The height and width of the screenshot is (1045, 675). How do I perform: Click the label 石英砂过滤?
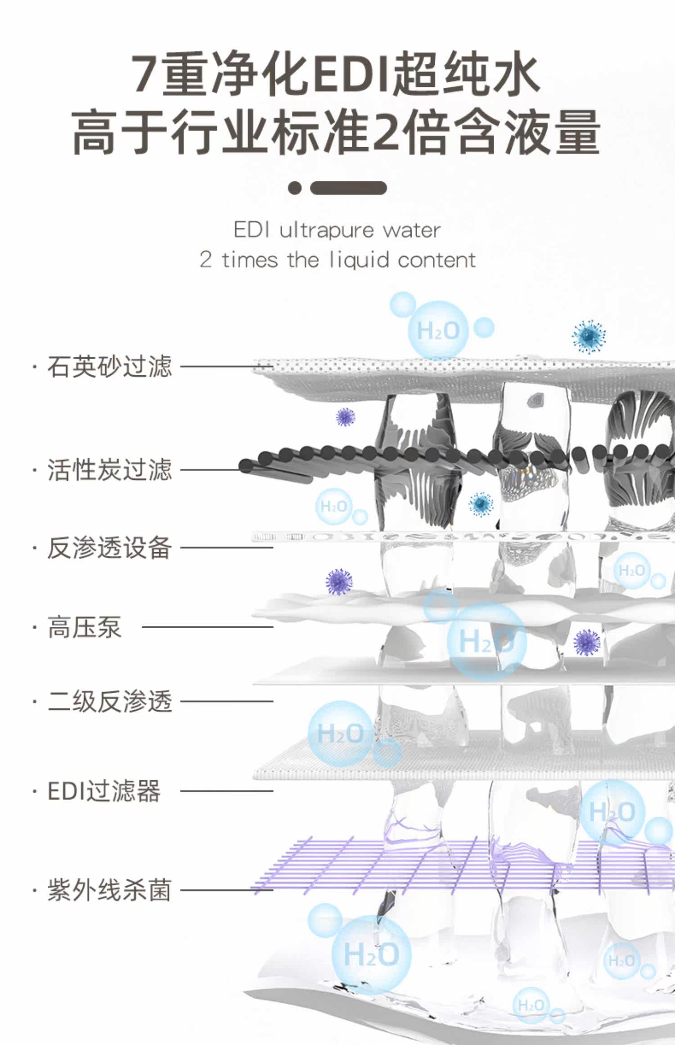[109, 366]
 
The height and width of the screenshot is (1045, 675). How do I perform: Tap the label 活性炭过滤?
[109, 470]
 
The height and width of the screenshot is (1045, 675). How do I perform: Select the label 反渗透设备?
[109, 548]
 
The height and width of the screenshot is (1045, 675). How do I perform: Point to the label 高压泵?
[85, 627]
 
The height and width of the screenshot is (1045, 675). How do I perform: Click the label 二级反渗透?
[109, 701]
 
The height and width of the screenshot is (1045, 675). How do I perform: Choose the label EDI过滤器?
[103, 791]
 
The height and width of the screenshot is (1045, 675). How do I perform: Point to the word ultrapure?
[326, 231]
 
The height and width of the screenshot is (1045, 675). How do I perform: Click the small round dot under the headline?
[295, 188]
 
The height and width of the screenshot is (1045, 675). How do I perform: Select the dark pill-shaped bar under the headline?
[348, 188]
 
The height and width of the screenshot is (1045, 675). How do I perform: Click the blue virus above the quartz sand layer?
[589, 337]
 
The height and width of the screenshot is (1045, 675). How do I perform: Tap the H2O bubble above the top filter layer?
[438, 331]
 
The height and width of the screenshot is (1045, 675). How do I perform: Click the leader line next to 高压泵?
[207, 627]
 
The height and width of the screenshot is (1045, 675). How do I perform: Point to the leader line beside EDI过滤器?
[227, 791]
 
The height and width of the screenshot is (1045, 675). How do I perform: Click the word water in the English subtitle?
[411, 231]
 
